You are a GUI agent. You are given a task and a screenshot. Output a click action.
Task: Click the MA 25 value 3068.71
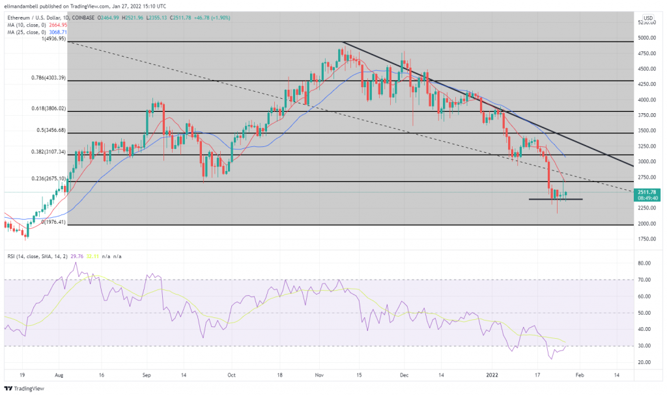pyautogui.click(x=60, y=31)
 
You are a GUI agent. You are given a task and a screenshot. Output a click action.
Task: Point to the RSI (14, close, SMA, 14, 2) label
pyautogui.click(x=33, y=256)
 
